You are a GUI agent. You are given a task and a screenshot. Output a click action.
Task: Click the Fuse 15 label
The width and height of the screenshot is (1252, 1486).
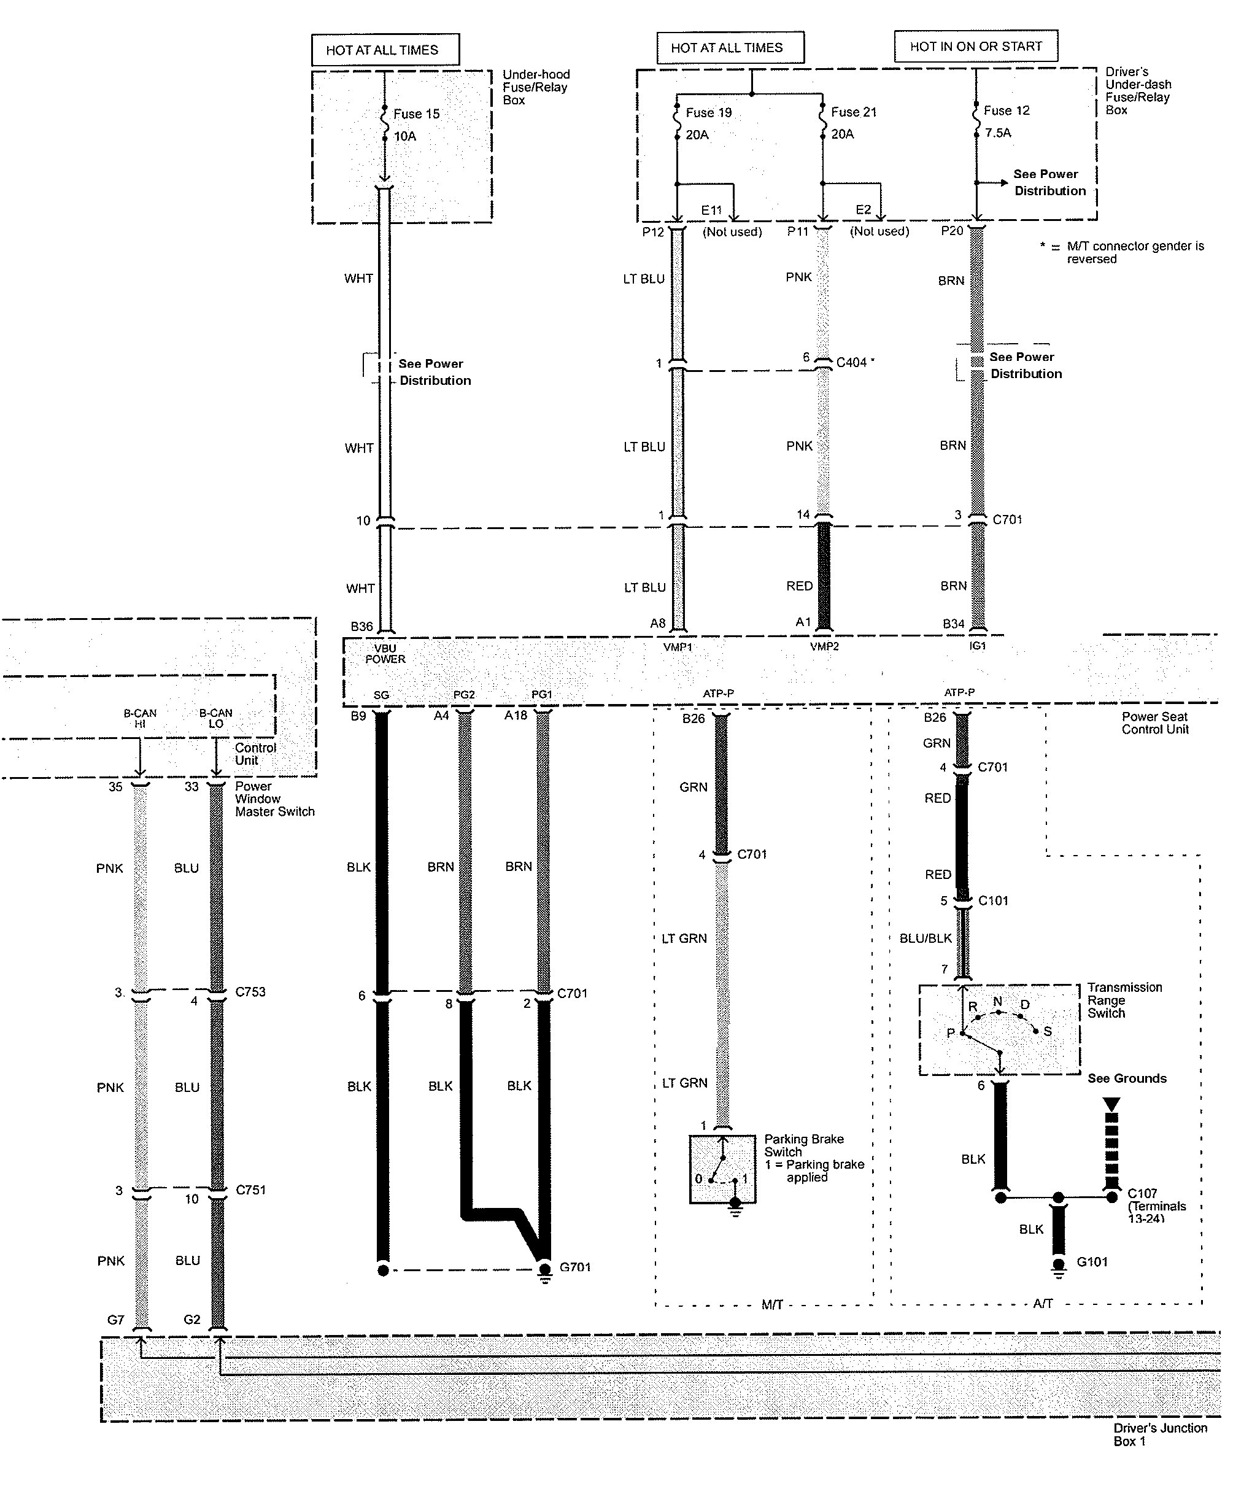tap(416, 114)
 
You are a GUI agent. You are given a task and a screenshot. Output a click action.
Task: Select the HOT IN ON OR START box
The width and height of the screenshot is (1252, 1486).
tap(976, 46)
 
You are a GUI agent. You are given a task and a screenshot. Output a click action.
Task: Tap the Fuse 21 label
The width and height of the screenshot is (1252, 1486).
tap(854, 112)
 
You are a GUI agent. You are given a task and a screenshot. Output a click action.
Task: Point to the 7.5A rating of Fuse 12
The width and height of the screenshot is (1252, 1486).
tap(998, 133)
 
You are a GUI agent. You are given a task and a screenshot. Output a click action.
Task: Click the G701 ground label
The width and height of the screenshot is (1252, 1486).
tap(575, 1267)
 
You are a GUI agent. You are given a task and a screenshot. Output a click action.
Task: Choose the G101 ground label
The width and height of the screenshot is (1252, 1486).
tap(1092, 1262)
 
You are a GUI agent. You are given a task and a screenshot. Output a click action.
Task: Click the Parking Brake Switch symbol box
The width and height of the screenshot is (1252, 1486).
tap(722, 1169)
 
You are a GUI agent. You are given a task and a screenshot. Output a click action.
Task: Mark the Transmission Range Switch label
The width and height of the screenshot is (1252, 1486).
tap(1125, 1000)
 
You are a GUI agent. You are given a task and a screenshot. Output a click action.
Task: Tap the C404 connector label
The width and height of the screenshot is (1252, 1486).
tap(851, 363)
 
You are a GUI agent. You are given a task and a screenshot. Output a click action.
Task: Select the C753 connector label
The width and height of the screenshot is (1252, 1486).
tap(250, 991)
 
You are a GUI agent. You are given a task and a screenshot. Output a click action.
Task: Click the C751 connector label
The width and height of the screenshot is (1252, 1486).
tap(250, 1190)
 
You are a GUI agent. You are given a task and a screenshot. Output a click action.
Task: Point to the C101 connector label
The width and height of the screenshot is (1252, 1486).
tap(993, 900)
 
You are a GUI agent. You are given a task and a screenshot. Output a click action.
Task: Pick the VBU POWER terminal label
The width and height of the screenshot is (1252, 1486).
tap(385, 654)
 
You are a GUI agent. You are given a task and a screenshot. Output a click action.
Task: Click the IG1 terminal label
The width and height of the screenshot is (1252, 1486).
tap(977, 646)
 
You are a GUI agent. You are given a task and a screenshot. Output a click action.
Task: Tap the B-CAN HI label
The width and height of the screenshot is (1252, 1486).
tap(140, 718)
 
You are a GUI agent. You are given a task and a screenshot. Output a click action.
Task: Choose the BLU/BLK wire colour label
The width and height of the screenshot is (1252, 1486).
tap(925, 938)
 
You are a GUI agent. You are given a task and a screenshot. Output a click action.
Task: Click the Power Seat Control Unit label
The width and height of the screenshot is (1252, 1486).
tap(1155, 722)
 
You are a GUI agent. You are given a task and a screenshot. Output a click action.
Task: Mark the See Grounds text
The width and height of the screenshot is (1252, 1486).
tap(1127, 1078)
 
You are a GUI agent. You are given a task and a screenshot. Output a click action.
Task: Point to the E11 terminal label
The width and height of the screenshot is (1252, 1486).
tap(711, 210)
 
